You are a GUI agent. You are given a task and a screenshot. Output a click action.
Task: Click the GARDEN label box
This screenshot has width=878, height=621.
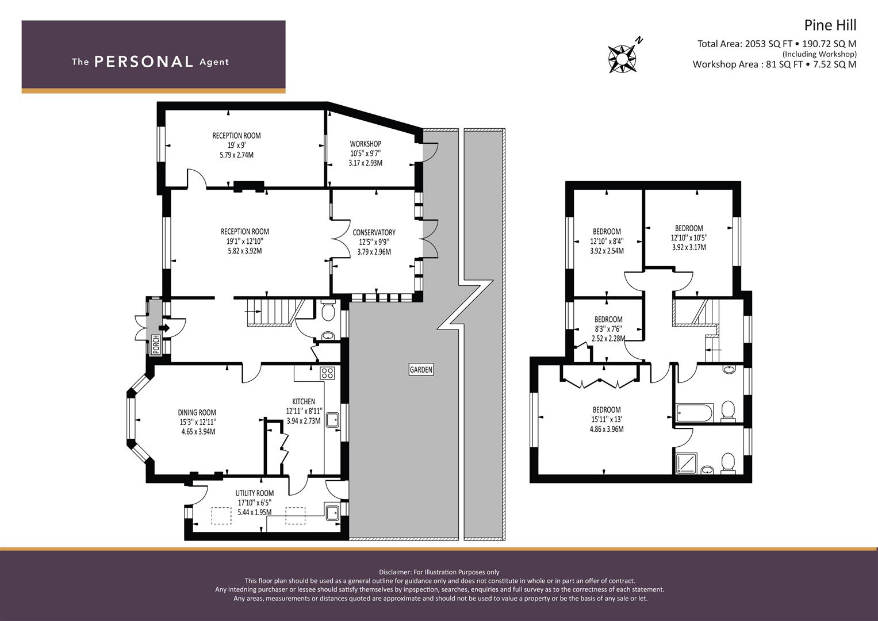click(x=421, y=369)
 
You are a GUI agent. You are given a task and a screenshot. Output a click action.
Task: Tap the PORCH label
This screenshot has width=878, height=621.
click(x=156, y=344)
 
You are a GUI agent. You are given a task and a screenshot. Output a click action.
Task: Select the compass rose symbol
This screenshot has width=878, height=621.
click(x=622, y=59)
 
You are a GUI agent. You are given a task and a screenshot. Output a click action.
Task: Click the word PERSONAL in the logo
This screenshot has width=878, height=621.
click(x=144, y=62)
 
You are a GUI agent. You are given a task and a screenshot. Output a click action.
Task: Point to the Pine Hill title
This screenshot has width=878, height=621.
click(x=830, y=25)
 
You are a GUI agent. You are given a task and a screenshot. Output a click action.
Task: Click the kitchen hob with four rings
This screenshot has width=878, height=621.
click(x=327, y=373)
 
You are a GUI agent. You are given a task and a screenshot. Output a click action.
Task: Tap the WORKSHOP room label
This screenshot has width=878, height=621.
click(x=366, y=144)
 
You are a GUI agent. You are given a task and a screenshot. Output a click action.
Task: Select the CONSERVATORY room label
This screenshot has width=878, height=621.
click(x=374, y=232)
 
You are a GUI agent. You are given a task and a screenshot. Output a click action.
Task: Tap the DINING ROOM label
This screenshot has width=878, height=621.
click(x=197, y=412)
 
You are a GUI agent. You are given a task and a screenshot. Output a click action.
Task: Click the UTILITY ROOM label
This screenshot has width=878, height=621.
click(x=254, y=493)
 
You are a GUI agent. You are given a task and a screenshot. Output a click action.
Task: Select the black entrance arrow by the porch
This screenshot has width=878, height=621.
click(x=164, y=328)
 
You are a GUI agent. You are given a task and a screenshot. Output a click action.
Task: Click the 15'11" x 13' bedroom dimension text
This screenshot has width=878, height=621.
click(x=607, y=420)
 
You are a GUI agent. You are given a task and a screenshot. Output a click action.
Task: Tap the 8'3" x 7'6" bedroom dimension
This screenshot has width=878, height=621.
click(x=608, y=329)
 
